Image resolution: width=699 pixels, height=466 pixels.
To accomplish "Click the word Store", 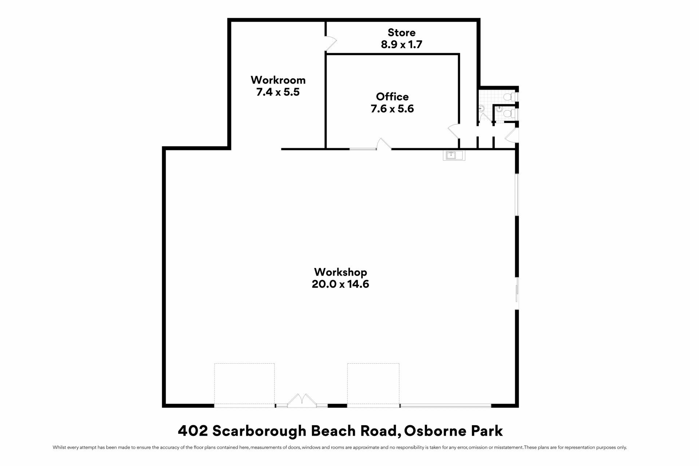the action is point(402,33).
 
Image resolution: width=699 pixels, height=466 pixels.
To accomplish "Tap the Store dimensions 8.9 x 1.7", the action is point(402,44).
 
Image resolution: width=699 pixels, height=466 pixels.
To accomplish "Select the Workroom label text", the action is point(278,80).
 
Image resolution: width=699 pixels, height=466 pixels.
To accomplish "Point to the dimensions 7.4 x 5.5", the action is point(278,92).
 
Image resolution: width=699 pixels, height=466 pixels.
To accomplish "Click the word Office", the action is point(392,97).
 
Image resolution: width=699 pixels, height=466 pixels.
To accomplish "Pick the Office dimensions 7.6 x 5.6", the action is point(392,109).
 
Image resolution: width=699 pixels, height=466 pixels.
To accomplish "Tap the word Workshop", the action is point(341,272).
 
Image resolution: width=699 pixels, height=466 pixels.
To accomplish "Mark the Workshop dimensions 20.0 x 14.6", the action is point(341,284).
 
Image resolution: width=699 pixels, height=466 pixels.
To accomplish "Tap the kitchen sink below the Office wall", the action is point(454,155).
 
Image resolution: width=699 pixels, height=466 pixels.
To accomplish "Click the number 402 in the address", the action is point(193,431).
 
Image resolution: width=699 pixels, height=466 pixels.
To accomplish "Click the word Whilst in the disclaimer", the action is point(59,447).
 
